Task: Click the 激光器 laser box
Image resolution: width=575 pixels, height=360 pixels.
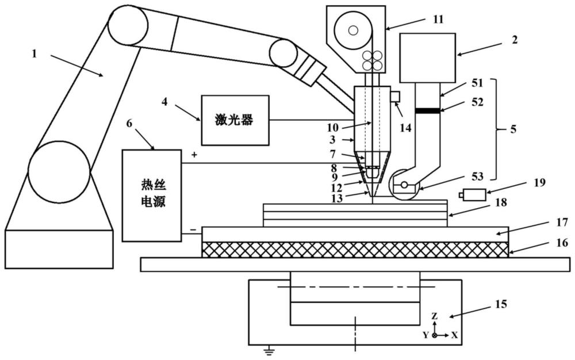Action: tap(235, 120)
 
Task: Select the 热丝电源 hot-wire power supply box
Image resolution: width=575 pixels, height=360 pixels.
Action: tap(151, 194)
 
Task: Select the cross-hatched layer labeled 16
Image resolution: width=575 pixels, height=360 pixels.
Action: tap(355, 249)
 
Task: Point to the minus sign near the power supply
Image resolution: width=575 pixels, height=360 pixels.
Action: tap(193, 229)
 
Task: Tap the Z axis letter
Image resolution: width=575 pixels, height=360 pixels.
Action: tap(435, 316)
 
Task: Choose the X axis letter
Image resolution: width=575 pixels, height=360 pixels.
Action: tap(454, 335)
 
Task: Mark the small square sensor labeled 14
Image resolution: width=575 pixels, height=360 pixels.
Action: tap(396, 95)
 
